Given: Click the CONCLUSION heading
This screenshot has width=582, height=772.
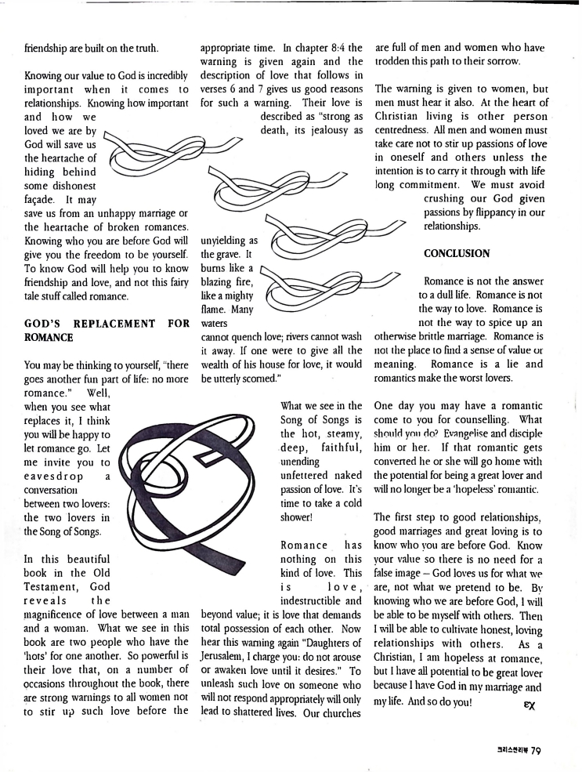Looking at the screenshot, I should [457, 253].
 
